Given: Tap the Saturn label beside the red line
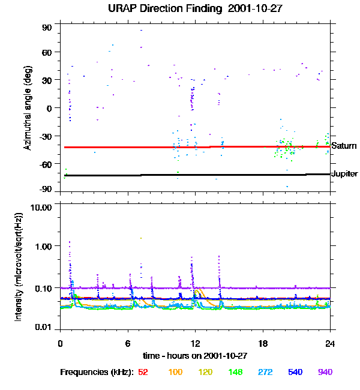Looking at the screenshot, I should [344, 146].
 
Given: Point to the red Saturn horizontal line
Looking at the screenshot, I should [180, 147].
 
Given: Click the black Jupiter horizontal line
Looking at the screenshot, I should [180, 175].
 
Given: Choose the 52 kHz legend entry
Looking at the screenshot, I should [143, 372].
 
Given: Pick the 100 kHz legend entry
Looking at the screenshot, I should [175, 372].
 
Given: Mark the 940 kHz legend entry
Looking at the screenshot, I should [325, 372].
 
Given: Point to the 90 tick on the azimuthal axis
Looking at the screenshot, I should [47, 28].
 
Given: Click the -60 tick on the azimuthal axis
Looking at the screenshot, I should [46, 163].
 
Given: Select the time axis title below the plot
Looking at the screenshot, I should [194, 355].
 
